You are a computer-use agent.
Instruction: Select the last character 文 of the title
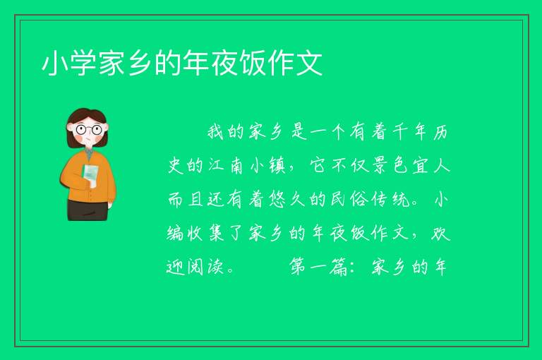(x=310, y=64)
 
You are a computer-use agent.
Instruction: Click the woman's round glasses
(x=88, y=130)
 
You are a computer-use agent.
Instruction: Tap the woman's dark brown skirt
(x=87, y=210)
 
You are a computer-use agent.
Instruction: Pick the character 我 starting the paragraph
(x=216, y=132)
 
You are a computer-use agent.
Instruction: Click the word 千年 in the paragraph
(x=410, y=132)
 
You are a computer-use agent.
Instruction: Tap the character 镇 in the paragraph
(x=277, y=166)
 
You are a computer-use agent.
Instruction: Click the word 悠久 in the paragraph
(x=287, y=199)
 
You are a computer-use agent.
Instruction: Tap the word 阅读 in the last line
(x=205, y=267)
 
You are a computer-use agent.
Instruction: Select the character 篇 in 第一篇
(x=339, y=267)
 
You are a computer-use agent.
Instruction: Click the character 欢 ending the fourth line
(x=440, y=233)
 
